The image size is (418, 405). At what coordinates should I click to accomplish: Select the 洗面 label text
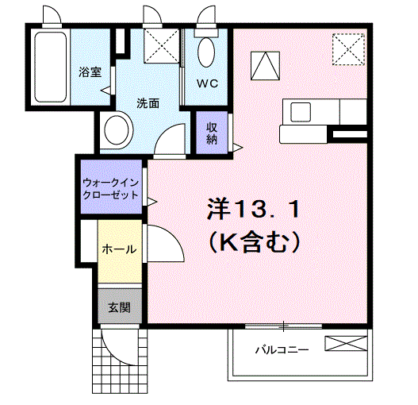pyautogui.click(x=148, y=102)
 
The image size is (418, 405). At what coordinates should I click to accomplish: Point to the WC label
pyautogui.click(x=207, y=83)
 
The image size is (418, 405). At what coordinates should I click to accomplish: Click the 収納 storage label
pyautogui.click(x=212, y=133)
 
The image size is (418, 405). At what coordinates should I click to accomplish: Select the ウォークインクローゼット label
pyautogui.click(x=110, y=187)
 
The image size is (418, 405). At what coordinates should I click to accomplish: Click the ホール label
pyautogui.click(x=118, y=249)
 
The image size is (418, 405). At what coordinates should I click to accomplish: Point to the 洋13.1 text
pyautogui.click(x=253, y=210)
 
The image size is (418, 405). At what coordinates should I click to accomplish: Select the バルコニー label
pyautogui.click(x=281, y=349)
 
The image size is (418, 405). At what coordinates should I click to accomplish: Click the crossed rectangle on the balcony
pyautogui.click(x=347, y=344)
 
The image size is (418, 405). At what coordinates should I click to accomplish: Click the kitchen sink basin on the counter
pyautogui.click(x=301, y=111)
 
